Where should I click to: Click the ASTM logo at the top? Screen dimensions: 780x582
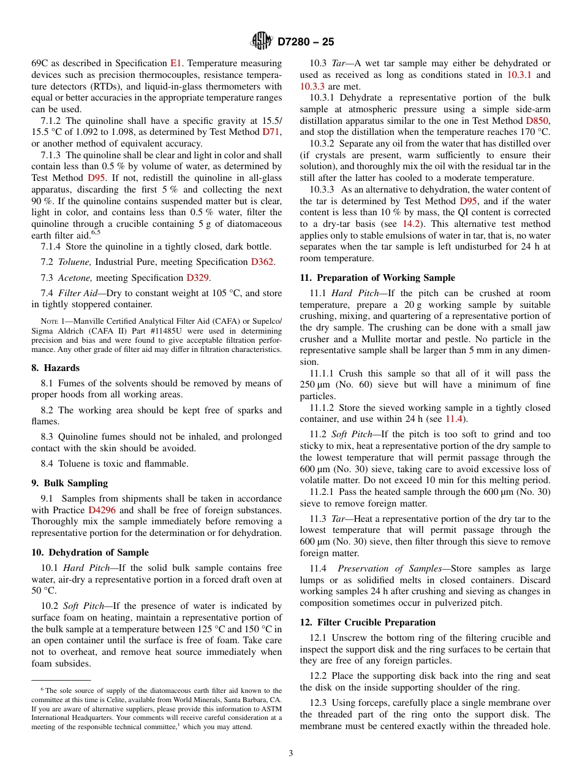click(262, 42)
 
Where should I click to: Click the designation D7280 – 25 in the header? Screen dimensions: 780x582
click(306, 42)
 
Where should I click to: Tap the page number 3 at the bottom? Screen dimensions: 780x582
click(291, 754)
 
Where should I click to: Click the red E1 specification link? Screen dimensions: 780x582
click(176, 63)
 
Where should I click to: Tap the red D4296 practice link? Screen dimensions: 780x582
click(102, 510)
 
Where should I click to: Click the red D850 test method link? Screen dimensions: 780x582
click(537, 121)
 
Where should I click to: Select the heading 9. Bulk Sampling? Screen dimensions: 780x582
click(69, 483)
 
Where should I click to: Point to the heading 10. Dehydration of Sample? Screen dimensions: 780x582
click(90, 552)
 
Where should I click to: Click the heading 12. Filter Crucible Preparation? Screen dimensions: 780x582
click(368, 622)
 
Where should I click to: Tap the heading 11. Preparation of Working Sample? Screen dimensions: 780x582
click(377, 278)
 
